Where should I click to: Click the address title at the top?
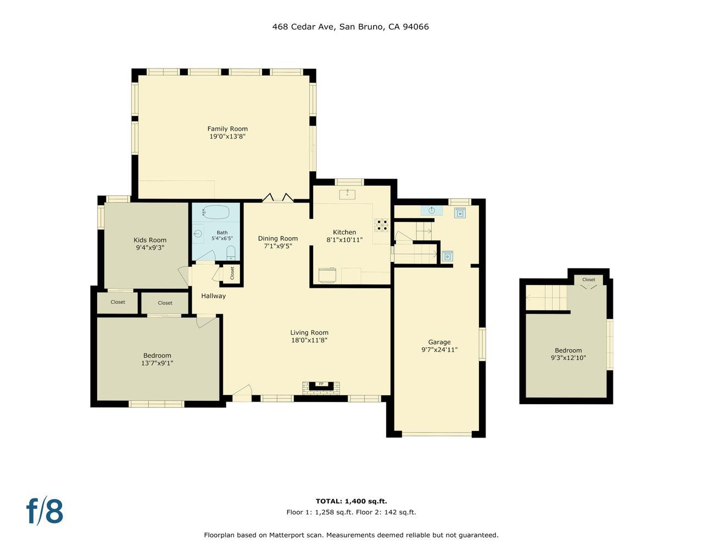[x=350, y=26]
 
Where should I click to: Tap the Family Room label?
[x=227, y=129]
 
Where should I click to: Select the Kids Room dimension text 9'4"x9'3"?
[x=150, y=248]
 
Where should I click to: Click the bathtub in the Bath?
[x=216, y=211]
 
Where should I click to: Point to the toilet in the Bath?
[x=231, y=253]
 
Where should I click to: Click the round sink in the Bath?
[x=197, y=233]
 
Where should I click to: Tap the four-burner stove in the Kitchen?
[x=382, y=225]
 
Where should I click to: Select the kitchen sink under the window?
[x=347, y=194]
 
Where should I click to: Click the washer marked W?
[x=460, y=213]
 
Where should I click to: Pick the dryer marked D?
[x=447, y=256]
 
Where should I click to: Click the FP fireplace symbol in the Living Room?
[x=321, y=384]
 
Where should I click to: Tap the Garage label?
[x=439, y=342]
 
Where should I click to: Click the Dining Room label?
[x=278, y=238]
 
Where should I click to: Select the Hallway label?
[x=213, y=296]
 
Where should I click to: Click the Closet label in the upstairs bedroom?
[x=588, y=279]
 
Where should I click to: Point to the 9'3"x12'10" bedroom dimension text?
[x=568, y=358]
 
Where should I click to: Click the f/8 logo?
[x=45, y=511]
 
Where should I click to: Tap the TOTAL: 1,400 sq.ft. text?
[x=351, y=501]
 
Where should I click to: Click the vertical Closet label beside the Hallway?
[x=232, y=272]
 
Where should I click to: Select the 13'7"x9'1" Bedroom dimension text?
[x=157, y=363]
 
